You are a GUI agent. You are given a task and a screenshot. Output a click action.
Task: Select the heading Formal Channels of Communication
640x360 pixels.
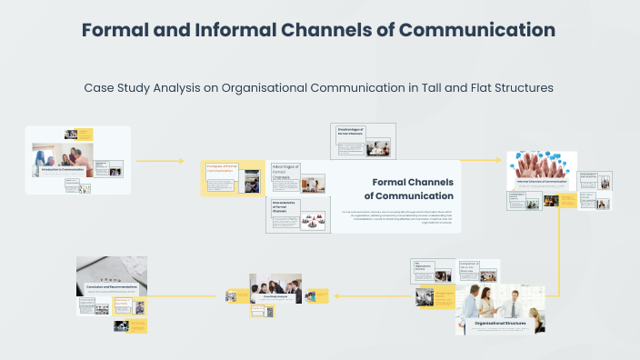408,188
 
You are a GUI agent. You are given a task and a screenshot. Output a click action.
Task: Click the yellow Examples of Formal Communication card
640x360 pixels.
221,178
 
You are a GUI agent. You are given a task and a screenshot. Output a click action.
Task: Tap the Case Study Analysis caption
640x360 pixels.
275,296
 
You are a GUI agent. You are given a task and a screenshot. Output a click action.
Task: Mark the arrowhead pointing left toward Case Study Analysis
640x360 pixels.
336,295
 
